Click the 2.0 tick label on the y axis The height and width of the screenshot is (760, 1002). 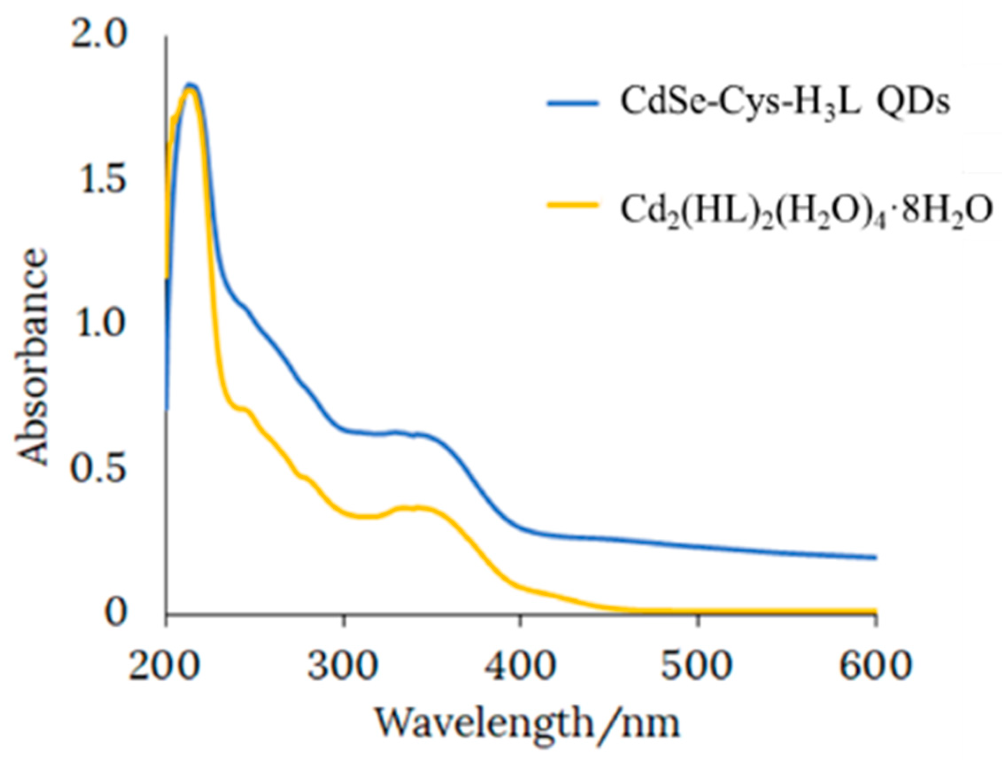[x=97, y=37]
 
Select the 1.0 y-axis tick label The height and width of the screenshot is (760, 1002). [x=97, y=326]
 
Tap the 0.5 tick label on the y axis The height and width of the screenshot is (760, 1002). [x=97, y=470]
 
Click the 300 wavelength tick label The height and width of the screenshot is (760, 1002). [x=343, y=666]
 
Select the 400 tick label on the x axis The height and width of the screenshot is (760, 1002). [x=520, y=666]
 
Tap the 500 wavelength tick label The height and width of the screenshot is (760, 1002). [x=697, y=666]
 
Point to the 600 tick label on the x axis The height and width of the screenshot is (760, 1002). [x=873, y=666]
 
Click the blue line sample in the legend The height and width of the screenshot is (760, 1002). [x=573, y=103]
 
